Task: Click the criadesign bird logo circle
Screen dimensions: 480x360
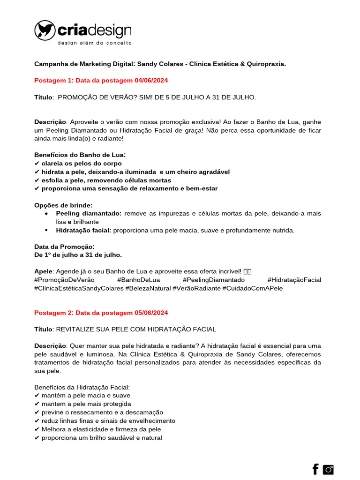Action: coord(45,30)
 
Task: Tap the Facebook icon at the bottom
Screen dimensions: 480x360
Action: coord(315,469)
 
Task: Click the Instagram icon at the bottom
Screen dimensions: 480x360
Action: coord(329,469)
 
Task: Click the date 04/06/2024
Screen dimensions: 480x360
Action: coord(151,80)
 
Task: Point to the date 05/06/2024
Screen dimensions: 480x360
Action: coord(151,313)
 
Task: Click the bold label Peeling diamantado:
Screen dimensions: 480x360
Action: coord(89,213)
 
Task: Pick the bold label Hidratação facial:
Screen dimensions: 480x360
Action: coord(83,230)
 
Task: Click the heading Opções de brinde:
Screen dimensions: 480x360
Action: coord(63,205)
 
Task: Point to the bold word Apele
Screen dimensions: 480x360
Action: coord(44,271)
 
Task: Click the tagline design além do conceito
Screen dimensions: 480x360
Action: coord(94,43)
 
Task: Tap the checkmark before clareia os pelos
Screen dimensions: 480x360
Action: coord(37,164)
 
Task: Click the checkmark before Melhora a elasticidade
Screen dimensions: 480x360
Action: coord(37,429)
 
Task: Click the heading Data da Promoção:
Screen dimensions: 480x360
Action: coord(65,247)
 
